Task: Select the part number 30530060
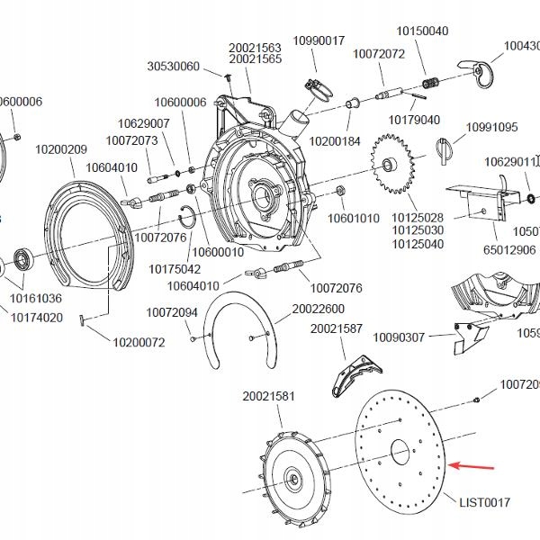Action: (x=173, y=67)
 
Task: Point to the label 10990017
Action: (x=319, y=40)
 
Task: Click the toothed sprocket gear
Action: (x=392, y=166)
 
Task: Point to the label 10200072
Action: (x=139, y=342)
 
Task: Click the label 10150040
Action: (x=423, y=31)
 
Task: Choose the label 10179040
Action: (x=414, y=120)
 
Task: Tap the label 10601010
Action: (x=353, y=218)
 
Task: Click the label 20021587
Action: (x=337, y=329)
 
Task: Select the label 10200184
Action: (x=335, y=141)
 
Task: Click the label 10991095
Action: (x=491, y=127)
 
